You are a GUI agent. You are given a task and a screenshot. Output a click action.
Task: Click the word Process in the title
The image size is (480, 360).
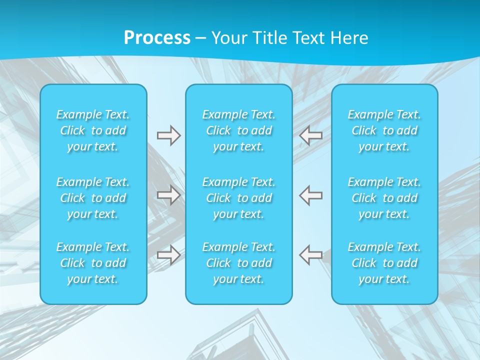tap(157, 38)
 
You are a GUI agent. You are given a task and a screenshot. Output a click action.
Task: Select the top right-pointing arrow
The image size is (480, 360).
tap(168, 135)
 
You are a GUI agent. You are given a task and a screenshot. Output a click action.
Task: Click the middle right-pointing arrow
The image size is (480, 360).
tap(168, 194)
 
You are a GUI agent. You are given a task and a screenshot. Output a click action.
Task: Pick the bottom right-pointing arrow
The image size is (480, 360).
tap(168, 254)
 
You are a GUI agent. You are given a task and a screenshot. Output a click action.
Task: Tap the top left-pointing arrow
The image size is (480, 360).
tap(311, 135)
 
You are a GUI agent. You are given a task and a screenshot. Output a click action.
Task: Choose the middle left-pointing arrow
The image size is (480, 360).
tap(311, 194)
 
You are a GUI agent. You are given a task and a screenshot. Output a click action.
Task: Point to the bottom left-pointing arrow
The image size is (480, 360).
tap(311, 254)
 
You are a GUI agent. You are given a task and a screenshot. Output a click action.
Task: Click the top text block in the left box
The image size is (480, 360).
tap(93, 130)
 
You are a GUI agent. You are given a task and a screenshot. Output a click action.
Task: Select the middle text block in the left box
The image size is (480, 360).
tap(93, 198)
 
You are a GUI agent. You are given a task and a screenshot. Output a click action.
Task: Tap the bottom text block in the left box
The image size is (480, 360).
tap(93, 263)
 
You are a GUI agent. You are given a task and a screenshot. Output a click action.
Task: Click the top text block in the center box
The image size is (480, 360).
tap(239, 130)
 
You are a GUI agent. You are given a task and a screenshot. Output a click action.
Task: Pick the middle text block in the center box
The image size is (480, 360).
tap(239, 198)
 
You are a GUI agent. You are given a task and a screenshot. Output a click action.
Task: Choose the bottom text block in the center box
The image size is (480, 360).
tap(239, 263)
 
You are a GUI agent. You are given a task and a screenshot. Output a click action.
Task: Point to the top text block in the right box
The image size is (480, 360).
tap(384, 130)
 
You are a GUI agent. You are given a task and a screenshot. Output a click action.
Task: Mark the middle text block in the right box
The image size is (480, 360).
tap(384, 198)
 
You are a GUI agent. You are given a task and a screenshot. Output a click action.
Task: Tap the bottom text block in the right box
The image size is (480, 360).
tap(384, 263)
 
